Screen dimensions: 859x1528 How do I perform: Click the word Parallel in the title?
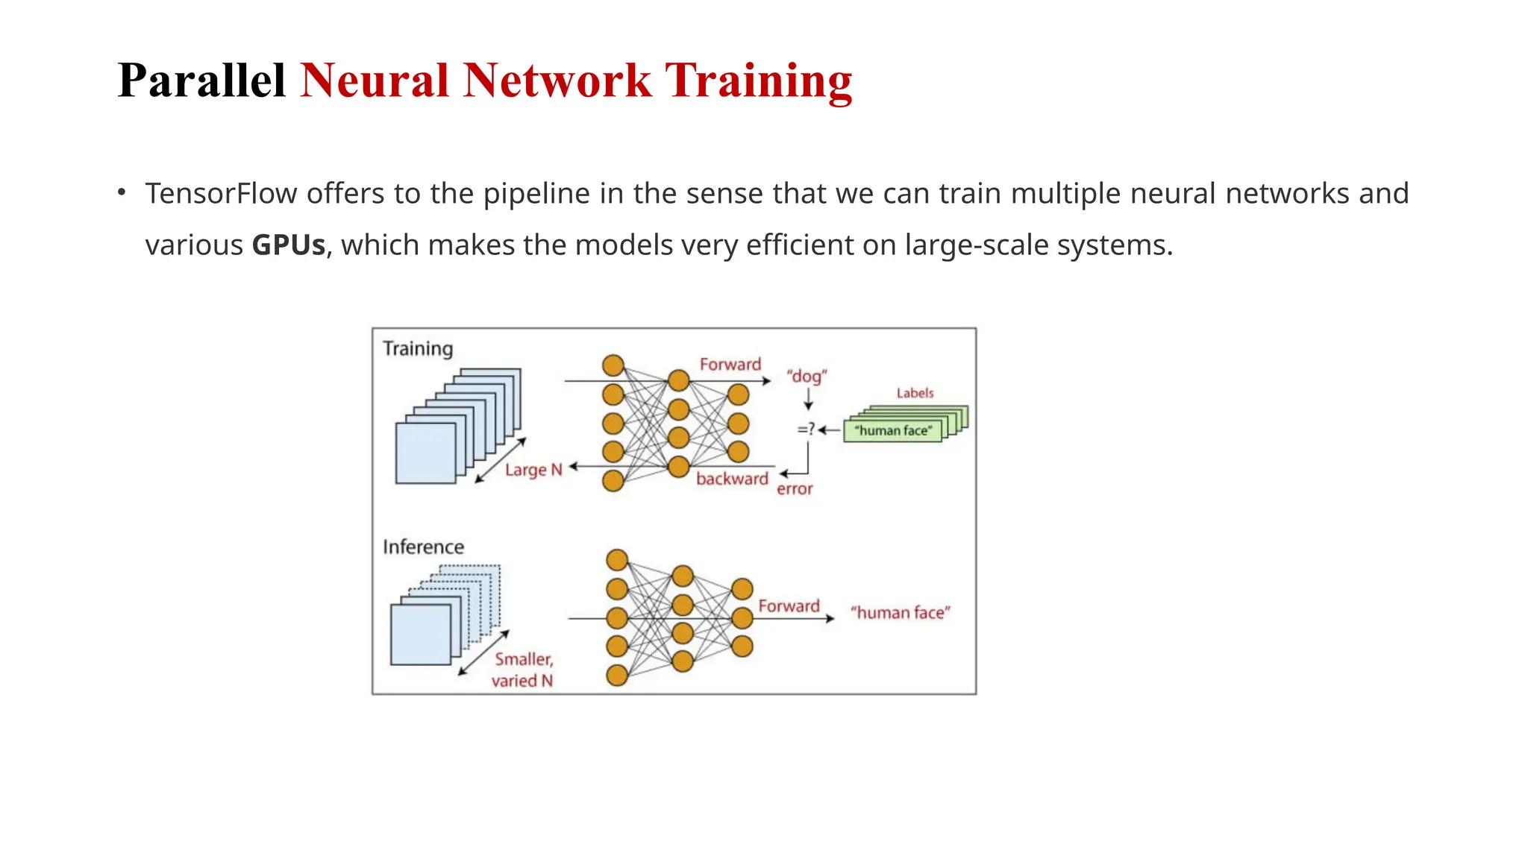pos(201,80)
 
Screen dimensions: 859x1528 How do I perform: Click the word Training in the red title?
pos(758,80)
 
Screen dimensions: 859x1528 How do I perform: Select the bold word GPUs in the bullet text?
pos(288,245)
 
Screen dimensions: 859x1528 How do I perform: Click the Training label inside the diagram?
pos(417,349)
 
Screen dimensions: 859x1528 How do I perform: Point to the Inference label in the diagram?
pos(423,547)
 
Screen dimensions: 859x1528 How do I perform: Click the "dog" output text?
pos(807,376)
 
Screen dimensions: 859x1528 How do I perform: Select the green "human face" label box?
pos(892,431)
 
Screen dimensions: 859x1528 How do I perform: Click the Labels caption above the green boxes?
pos(915,393)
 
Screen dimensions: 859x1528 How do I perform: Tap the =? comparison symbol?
pos(806,429)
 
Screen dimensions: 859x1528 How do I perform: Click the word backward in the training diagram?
pos(731,479)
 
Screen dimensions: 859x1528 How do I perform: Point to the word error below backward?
pos(794,489)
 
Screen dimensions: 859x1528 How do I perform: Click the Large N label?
pos(533,470)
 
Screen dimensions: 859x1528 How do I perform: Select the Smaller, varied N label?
pos(523,670)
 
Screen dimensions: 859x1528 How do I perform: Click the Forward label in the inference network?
pos(789,606)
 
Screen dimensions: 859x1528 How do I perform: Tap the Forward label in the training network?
pos(730,364)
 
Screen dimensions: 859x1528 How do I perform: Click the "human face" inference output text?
pos(900,613)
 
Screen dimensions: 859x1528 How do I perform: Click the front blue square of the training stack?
pos(425,453)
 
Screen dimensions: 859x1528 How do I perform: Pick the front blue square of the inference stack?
pos(420,635)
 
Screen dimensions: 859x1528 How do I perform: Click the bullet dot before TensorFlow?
pos(122,193)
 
